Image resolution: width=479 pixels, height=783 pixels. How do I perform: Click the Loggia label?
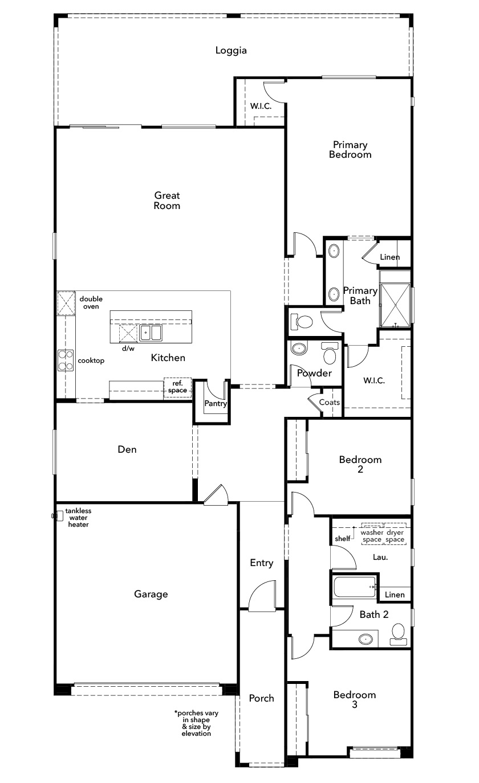[231, 50]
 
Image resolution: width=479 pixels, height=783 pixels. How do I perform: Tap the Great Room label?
[167, 200]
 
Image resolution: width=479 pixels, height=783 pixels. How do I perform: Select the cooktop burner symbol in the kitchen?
[66, 360]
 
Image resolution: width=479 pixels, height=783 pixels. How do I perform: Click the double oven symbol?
[66, 303]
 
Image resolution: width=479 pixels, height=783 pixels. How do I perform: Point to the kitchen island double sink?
[151, 333]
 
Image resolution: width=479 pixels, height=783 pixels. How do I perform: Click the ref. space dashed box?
[177, 387]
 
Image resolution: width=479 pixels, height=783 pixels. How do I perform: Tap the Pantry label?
[216, 403]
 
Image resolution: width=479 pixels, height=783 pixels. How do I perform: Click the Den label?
[127, 449]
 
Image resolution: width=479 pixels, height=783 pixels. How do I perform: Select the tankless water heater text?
[79, 518]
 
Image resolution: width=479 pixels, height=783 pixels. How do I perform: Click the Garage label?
[151, 595]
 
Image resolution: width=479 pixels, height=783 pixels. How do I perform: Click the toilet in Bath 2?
[399, 634]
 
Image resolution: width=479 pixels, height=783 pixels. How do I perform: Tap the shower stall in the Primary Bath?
[395, 305]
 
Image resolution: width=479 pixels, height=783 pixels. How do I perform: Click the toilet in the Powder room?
[329, 352]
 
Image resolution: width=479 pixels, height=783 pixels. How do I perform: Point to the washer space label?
[372, 536]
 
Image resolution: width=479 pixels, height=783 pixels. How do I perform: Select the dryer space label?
[395, 536]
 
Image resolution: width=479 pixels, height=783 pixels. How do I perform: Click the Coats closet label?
[330, 403]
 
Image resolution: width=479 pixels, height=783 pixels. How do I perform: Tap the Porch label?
[262, 698]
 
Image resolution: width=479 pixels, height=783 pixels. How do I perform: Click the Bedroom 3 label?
[355, 699]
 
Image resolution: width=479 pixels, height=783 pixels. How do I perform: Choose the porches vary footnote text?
[196, 723]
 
